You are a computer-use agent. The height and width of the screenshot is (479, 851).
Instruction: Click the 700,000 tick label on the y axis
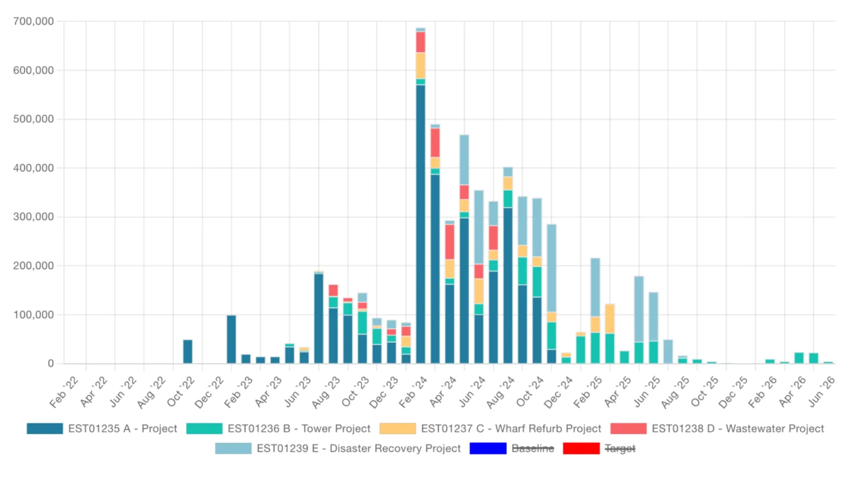point(34,21)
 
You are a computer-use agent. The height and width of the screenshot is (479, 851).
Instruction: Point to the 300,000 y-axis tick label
point(34,217)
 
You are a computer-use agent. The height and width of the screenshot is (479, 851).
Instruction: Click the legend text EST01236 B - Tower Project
point(299,428)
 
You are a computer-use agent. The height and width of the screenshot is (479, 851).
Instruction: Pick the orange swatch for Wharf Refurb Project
point(397,428)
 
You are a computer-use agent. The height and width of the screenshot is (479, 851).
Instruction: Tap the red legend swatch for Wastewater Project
point(628,428)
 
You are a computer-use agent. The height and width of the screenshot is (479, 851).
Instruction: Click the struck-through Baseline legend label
point(533,448)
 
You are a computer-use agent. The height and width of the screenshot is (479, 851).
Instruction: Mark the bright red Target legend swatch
point(581,448)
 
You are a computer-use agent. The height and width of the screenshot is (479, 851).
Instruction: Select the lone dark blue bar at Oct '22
point(188,352)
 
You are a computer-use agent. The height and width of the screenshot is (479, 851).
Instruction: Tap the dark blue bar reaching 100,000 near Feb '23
point(231,339)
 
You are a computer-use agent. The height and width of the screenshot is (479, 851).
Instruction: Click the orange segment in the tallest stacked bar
point(420,66)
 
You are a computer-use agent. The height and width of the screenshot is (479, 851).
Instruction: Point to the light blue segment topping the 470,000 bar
point(464,160)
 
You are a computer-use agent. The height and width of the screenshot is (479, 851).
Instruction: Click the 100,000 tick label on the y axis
point(34,315)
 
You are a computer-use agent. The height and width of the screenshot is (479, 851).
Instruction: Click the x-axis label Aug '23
point(326,392)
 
